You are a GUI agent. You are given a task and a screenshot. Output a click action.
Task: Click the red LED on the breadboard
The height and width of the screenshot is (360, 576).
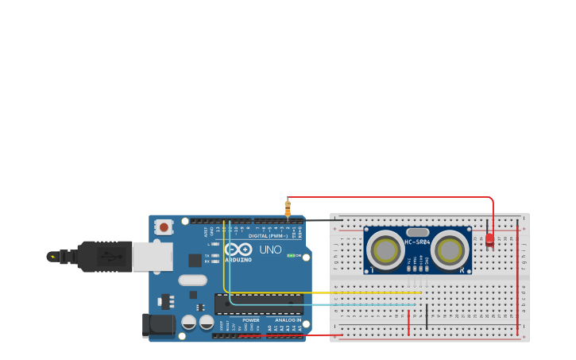[489, 238]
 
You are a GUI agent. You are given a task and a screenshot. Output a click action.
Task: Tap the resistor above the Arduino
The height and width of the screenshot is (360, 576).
[288, 208]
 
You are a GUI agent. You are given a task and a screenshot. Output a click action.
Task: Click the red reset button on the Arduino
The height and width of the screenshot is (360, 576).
[164, 227]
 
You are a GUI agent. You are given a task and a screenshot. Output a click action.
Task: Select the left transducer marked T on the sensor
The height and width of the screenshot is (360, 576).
[385, 250]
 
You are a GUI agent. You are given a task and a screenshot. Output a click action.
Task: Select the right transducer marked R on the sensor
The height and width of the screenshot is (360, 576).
[450, 250]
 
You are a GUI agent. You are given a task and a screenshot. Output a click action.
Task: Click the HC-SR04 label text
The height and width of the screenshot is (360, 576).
[417, 242]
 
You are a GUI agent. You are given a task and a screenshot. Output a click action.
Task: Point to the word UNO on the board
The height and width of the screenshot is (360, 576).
[270, 250]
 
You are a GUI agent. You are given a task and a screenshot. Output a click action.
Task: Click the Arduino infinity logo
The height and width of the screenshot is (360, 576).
[238, 249]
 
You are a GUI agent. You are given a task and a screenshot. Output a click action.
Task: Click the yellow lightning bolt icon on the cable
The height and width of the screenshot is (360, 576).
[52, 257]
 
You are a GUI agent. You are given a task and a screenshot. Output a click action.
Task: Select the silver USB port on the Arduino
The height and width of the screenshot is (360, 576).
[152, 257]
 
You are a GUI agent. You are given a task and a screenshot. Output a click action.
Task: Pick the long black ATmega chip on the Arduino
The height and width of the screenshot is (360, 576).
[258, 304]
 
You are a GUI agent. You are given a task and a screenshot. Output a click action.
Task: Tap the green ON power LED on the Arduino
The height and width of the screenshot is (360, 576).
[291, 256]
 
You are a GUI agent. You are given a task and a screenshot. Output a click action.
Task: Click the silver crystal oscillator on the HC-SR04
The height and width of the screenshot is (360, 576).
[417, 232]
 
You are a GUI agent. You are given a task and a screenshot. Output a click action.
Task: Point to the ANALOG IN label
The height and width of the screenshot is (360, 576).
[288, 320]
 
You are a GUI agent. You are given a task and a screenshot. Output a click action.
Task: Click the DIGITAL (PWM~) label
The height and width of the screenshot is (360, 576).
[268, 235]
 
